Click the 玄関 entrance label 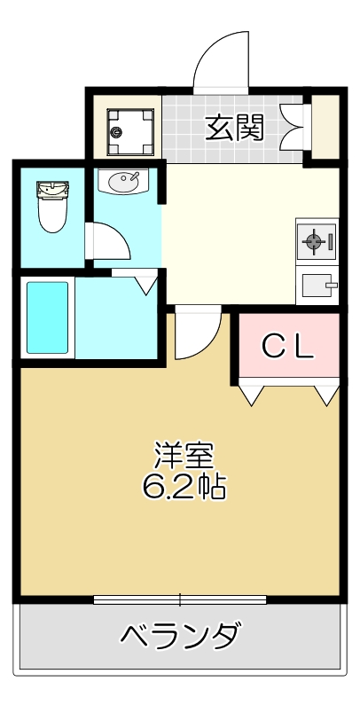tap(235, 129)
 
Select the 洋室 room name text tap(184, 456)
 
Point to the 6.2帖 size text tap(184, 485)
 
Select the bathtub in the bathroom tap(48, 319)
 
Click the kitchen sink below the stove tap(315, 286)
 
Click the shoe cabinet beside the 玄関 tap(325, 128)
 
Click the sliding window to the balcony tap(180, 599)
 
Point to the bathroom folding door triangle tap(146, 284)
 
